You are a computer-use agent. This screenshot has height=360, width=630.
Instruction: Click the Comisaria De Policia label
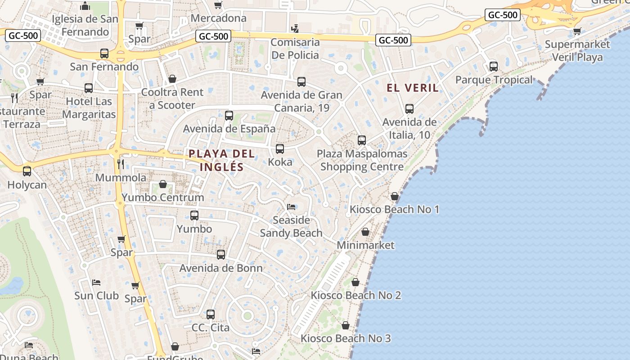(295, 49)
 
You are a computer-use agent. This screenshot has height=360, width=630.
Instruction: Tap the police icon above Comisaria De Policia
(295, 29)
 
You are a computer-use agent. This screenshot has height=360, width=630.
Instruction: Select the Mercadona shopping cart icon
(218, 5)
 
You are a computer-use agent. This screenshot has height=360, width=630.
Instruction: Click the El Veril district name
(413, 88)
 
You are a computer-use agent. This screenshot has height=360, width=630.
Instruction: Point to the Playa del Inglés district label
(221, 160)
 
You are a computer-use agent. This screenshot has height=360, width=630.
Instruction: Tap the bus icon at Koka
(280, 149)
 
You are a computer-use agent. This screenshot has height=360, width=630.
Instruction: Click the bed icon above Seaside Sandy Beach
(291, 207)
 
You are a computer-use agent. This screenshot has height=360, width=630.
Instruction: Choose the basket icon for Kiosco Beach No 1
(395, 196)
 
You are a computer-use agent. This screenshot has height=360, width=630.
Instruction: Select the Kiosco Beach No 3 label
(346, 338)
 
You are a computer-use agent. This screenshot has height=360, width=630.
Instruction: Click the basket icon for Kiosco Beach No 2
(355, 282)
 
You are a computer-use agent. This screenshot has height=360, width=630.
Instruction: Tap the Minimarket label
(365, 245)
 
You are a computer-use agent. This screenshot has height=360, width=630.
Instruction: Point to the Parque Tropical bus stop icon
(494, 67)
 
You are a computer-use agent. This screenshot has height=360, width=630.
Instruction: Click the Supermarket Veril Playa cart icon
(577, 31)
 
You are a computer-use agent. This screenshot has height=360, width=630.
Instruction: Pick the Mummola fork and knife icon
(120, 164)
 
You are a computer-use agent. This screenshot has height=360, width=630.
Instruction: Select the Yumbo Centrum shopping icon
(163, 184)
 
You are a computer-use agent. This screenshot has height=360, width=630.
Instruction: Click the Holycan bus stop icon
(27, 171)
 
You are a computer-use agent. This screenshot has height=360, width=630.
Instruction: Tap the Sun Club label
(96, 296)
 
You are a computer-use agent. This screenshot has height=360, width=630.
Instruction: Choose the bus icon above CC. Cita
(211, 315)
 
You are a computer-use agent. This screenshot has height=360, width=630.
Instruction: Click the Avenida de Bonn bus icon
(221, 255)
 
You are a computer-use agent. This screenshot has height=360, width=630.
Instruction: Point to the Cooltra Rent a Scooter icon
(172, 79)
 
